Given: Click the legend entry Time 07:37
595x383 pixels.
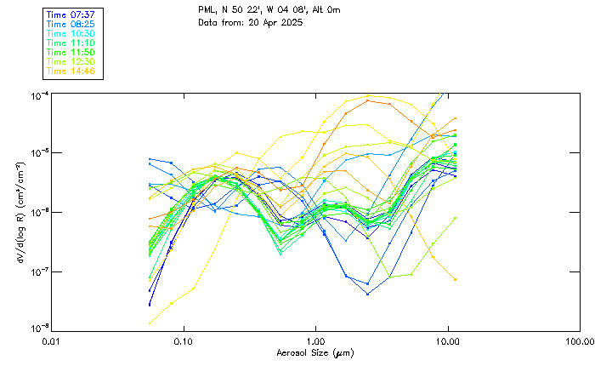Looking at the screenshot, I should click(71, 14).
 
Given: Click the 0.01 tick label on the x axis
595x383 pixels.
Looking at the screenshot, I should click(52, 341).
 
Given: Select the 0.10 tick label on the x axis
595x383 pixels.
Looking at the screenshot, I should click(184, 341).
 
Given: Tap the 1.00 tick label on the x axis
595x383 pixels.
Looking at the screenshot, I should click(315, 341).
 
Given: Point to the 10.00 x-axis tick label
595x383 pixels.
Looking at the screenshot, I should click(447, 341).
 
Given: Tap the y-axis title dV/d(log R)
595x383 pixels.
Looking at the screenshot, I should click(19, 211).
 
